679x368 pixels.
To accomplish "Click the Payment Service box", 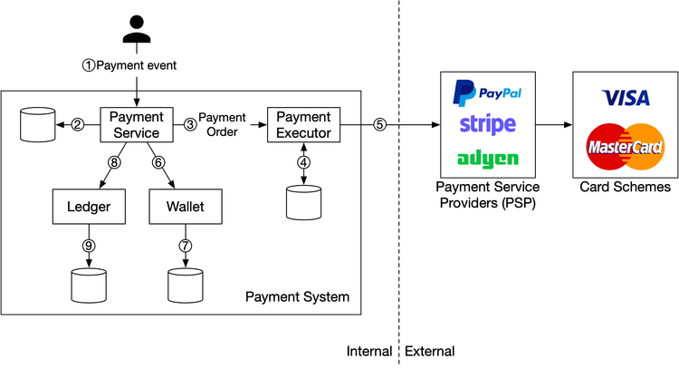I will [x=136, y=124].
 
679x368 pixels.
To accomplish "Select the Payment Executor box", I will [x=302, y=124].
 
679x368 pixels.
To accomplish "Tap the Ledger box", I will [x=89, y=207].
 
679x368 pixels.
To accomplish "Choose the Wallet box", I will [x=185, y=207].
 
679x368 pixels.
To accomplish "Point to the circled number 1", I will [x=88, y=65].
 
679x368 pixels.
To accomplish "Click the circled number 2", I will [x=78, y=125].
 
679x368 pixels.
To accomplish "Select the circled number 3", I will [x=190, y=124].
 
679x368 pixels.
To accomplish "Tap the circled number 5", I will [x=380, y=125].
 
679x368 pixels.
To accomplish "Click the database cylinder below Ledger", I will [x=89, y=285].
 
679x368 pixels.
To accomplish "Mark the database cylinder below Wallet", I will [x=185, y=285].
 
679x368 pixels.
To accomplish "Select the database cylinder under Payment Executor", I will [x=303, y=200].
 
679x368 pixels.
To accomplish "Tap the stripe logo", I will [x=488, y=124].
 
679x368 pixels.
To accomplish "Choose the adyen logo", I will [x=488, y=159].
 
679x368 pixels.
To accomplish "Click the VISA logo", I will [x=626, y=97].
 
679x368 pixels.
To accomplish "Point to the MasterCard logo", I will [x=626, y=146].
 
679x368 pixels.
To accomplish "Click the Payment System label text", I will [x=297, y=297].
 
